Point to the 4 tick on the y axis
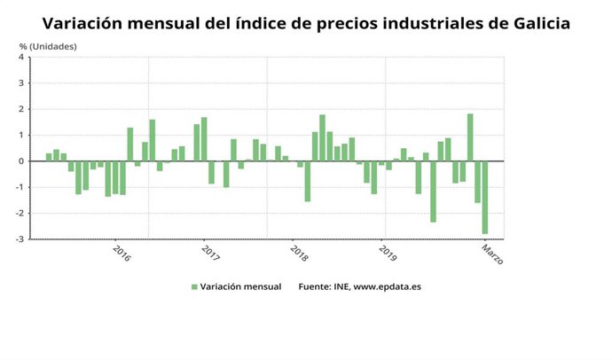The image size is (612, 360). pos(21,58)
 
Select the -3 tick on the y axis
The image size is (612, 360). pos(20,239)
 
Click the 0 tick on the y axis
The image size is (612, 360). pos(21,161)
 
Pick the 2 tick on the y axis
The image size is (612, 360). pos(21,109)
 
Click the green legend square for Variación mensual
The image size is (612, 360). pos(194,287)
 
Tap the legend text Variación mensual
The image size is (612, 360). pos(240,287)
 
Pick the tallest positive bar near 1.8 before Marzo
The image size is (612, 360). pos(470,137)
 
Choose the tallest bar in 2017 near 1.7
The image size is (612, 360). pos(204,139)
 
